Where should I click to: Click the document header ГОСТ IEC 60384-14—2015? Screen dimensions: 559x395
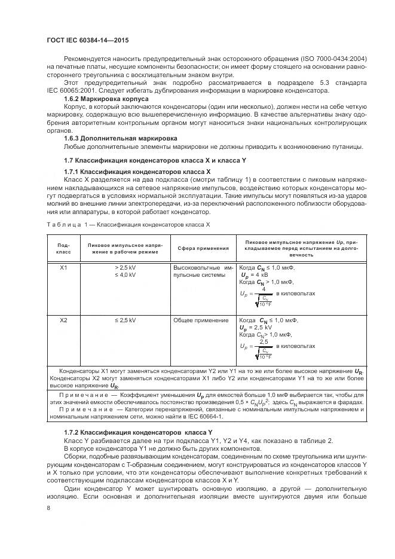[88, 41]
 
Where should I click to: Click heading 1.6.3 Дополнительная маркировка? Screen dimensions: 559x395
[112, 138]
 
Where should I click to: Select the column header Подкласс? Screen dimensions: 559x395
[63, 248]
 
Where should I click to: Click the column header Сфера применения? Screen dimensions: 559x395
[203, 248]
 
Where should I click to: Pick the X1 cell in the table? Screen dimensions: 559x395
[63, 267]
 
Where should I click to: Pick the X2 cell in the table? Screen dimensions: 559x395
[63, 320]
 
